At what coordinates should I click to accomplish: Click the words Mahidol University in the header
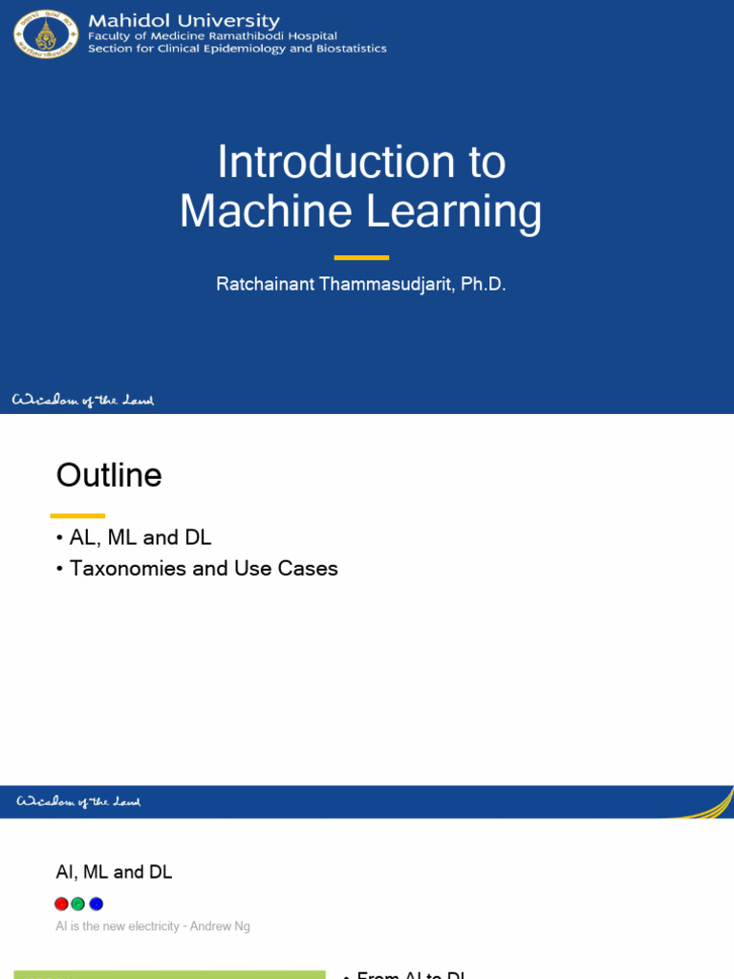pos(183,21)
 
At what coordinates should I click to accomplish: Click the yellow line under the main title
pos(361,257)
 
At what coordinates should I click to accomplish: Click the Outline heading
pos(109,474)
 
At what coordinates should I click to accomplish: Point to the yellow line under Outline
pos(76,515)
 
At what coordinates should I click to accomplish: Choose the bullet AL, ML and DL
pos(140,538)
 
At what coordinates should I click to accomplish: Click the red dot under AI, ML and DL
pos(61,903)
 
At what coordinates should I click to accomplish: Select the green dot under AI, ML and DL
pos(78,903)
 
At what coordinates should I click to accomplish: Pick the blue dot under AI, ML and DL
pos(96,903)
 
